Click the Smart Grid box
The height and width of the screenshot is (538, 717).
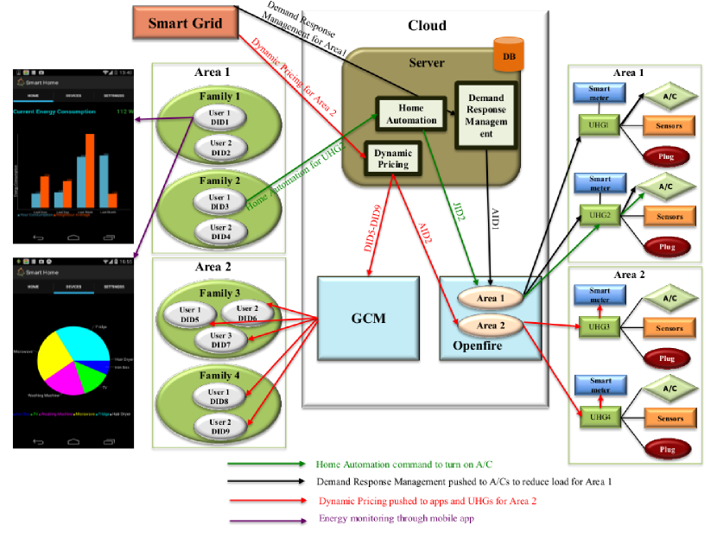pos(186,23)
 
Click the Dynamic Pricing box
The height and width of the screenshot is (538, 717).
pos(392,157)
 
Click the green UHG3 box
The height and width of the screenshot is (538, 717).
pos(594,327)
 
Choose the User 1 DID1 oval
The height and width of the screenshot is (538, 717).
pos(220,119)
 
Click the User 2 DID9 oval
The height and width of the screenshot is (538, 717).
pos(220,427)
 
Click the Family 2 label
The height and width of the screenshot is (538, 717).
pos(220,181)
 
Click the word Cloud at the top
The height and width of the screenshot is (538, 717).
pos(427,25)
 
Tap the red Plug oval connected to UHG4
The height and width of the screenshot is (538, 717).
pos(667,447)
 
